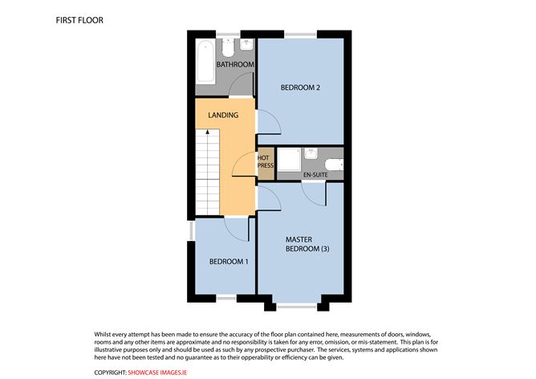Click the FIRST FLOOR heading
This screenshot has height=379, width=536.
[79, 18]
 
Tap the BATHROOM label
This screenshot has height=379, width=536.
[235, 64]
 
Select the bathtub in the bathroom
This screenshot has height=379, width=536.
[205, 59]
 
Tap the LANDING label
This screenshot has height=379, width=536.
[223, 115]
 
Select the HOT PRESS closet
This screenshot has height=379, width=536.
[263, 162]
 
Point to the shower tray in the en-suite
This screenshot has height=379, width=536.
[287, 161]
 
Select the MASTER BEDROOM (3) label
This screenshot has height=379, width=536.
[307, 244]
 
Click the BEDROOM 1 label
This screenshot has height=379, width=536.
[229, 262]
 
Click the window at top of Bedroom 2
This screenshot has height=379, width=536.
[300, 34]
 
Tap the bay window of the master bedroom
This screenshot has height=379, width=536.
[300, 305]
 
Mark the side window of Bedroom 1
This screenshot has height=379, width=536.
[191, 230]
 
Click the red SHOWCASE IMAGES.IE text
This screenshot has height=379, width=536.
[159, 373]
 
